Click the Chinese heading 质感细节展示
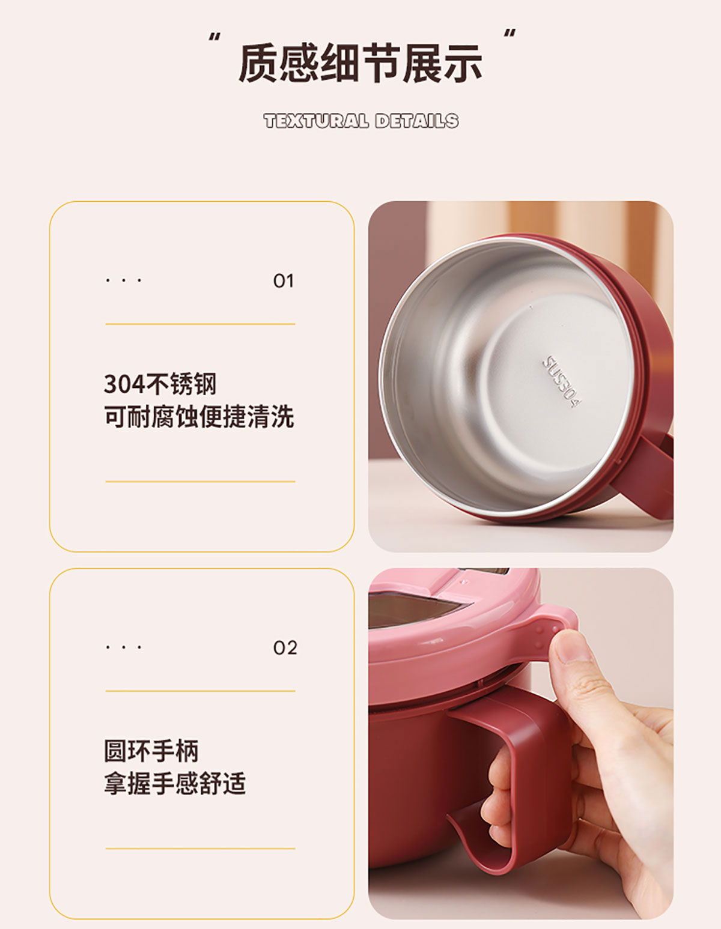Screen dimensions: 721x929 pos(360,63)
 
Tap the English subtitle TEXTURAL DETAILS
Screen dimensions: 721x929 pos(361,121)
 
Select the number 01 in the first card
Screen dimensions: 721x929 pos(284,281)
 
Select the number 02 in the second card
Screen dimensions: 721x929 pos(285,648)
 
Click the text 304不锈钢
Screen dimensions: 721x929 pos(160,384)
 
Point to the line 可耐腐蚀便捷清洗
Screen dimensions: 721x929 pos(199,416)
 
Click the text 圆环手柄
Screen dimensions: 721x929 pos(151,751)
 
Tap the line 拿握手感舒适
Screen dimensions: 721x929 pos(175,783)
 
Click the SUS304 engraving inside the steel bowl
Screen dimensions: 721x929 pos(562,381)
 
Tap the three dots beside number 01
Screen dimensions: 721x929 pos(124,281)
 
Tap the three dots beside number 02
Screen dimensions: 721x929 pos(124,647)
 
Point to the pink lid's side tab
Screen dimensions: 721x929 pos(552,629)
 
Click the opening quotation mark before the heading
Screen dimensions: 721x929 pos(214,37)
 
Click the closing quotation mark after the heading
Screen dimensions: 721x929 pos(509,34)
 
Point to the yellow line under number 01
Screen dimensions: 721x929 pos(200,324)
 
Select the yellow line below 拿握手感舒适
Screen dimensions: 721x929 pos(200,849)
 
